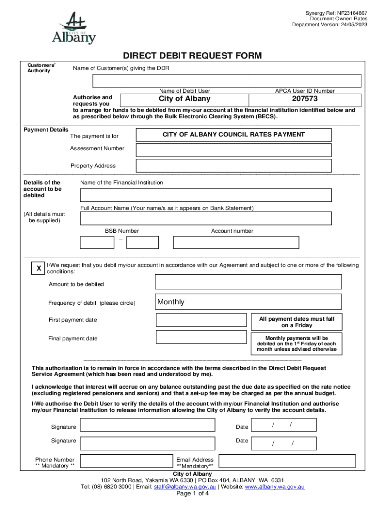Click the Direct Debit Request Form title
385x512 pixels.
(x=192, y=56)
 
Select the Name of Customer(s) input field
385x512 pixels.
(x=226, y=81)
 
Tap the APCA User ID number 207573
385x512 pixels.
(x=305, y=99)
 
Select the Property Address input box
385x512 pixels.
(x=233, y=166)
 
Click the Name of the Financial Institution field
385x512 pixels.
(x=206, y=195)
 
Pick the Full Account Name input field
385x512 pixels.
(x=206, y=218)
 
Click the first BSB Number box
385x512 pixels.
(x=97, y=242)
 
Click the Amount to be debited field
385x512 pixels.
(x=248, y=282)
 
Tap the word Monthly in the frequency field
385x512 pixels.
(x=171, y=302)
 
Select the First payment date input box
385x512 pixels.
(x=201, y=320)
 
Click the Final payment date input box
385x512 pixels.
(x=201, y=337)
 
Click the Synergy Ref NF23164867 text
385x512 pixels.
(x=336, y=13)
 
